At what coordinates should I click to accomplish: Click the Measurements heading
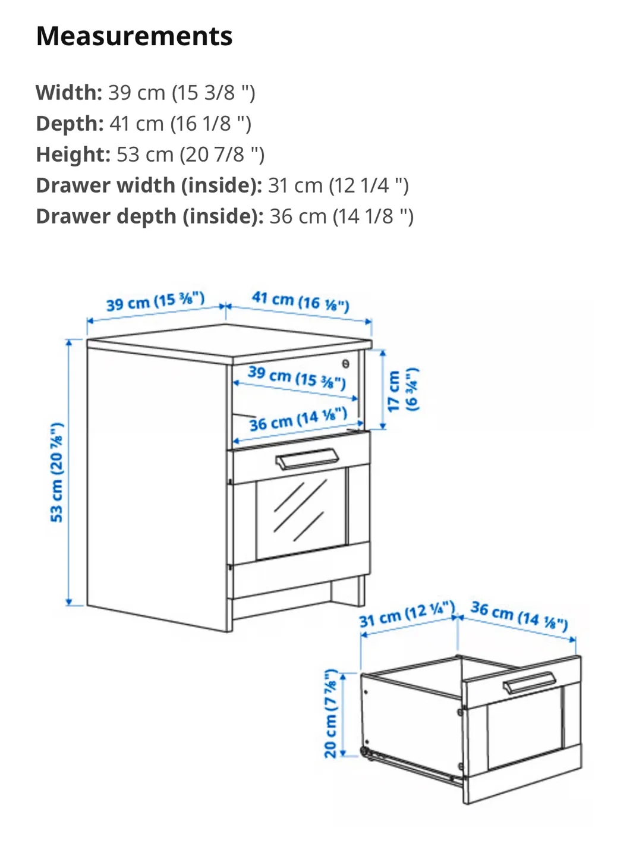click(134, 36)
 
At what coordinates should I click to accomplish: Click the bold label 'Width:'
click(69, 93)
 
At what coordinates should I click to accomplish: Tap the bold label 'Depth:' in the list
click(70, 124)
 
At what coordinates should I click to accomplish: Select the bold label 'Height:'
click(73, 155)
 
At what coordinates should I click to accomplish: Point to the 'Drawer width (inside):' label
click(149, 185)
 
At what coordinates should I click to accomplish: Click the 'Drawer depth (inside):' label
click(150, 216)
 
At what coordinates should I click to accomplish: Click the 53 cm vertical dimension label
click(56, 473)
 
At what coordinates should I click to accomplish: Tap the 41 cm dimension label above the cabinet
click(300, 301)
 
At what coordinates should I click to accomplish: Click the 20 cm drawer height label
click(330, 713)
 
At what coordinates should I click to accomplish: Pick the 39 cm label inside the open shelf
click(297, 377)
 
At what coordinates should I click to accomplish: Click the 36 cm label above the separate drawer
click(519, 616)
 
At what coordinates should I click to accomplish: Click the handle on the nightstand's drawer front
click(307, 459)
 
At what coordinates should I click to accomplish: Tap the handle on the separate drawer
click(529, 683)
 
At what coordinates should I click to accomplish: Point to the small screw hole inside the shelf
click(345, 363)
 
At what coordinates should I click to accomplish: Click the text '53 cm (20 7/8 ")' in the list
click(190, 155)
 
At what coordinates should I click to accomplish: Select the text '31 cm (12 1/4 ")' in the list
click(338, 185)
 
